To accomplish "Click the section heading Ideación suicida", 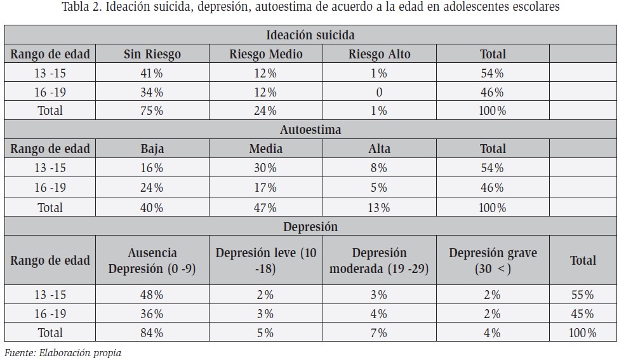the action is pyautogui.click(x=310, y=35).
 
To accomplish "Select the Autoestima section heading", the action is pyautogui.click(x=310, y=130).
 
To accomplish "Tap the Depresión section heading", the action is pyautogui.click(x=310, y=227).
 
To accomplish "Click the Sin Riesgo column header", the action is pyautogui.click(x=152, y=54).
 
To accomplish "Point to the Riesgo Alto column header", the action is pyautogui.click(x=380, y=54).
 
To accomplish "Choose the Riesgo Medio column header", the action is pyautogui.click(x=265, y=54).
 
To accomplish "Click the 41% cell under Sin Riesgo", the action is pyautogui.click(x=152, y=73).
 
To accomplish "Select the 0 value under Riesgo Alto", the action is pyautogui.click(x=379, y=92).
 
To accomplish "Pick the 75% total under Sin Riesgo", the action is pyautogui.click(x=152, y=110).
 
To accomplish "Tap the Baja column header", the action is pyautogui.click(x=152, y=149).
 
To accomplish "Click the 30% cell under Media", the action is pyautogui.click(x=265, y=168).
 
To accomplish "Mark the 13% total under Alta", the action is pyautogui.click(x=379, y=208).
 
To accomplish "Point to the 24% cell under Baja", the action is pyautogui.click(x=152, y=187).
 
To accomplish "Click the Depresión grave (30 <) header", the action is pyautogui.click(x=493, y=260).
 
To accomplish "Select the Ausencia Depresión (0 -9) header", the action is pyautogui.click(x=152, y=260).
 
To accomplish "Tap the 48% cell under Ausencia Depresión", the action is pyautogui.click(x=152, y=295).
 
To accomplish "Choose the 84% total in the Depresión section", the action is pyautogui.click(x=152, y=333).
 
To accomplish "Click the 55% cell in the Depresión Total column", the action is pyautogui.click(x=583, y=295).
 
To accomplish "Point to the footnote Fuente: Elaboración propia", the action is pyautogui.click(x=63, y=352).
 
